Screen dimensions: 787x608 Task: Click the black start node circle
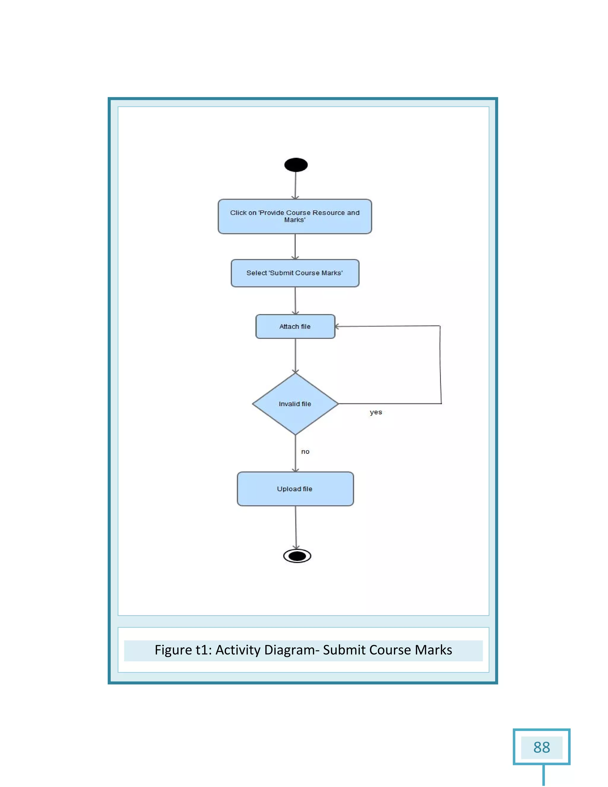tap(296, 165)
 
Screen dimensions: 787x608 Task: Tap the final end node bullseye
tap(297, 556)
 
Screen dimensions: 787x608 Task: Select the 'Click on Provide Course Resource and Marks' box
tap(294, 216)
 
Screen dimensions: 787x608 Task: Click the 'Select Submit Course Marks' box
tap(294, 273)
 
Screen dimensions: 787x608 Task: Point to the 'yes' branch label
tap(376, 412)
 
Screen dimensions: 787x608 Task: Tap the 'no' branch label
tap(305, 451)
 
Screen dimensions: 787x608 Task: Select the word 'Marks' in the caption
tap(433, 650)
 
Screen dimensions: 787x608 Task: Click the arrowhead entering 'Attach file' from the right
tap(337, 326)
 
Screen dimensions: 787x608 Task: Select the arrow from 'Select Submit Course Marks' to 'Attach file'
tap(295, 301)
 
